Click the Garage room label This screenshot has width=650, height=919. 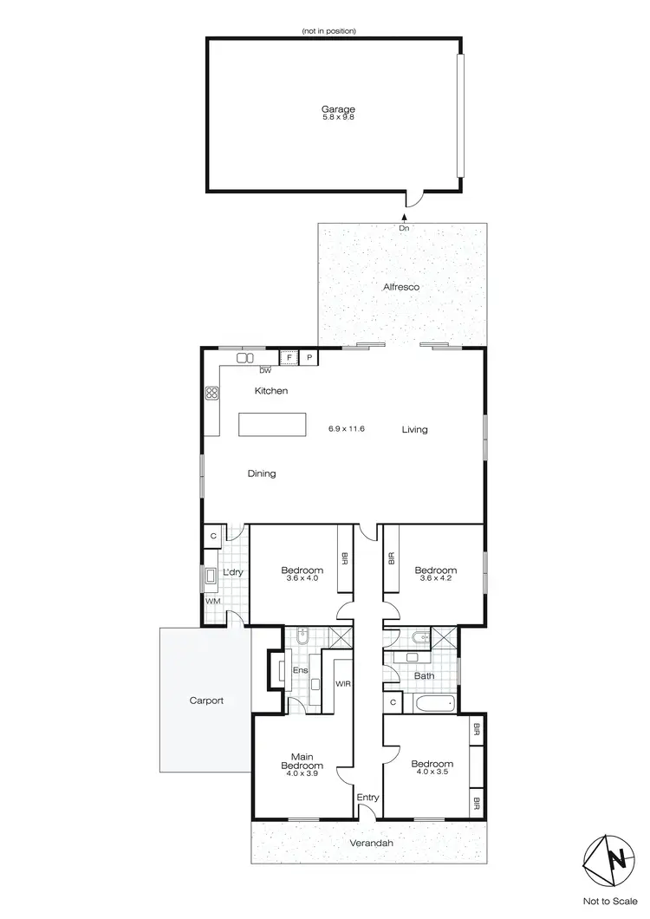[341, 109]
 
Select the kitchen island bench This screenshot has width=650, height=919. [273, 424]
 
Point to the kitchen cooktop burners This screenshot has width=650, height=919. [211, 393]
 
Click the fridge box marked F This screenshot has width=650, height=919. [289, 356]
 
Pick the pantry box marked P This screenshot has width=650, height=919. [309, 356]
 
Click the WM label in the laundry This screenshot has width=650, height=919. [212, 600]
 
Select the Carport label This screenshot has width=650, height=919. [206, 700]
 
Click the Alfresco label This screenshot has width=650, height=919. [402, 286]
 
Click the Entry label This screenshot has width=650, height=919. [368, 796]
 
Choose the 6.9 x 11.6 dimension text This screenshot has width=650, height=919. [347, 428]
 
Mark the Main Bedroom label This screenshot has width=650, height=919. [302, 760]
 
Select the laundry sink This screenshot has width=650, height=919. [211, 575]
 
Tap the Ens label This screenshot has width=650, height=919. [301, 670]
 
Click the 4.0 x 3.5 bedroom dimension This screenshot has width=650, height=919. [433, 772]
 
